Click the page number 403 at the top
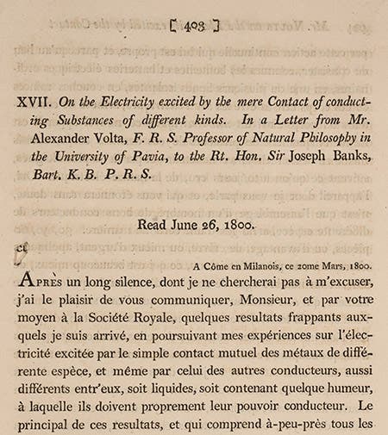pos(195,25)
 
